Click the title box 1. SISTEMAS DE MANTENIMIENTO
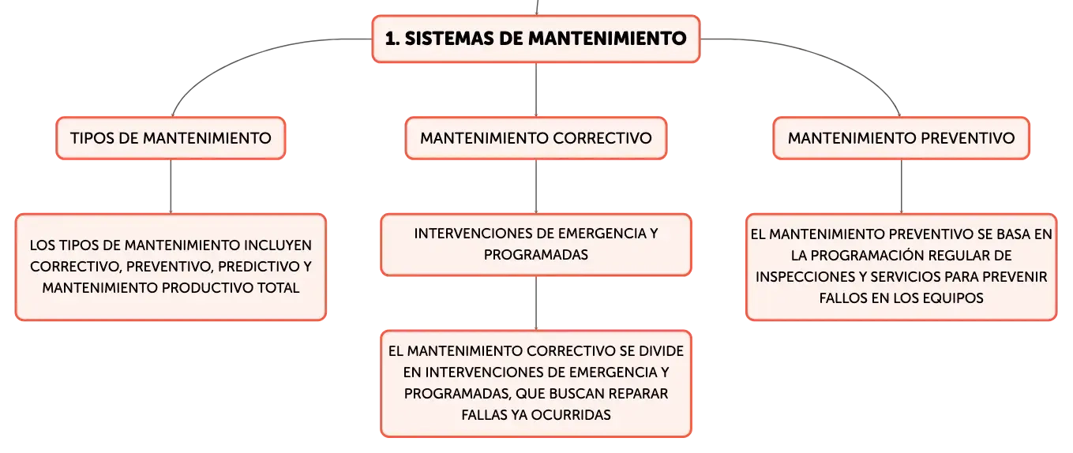[x=536, y=39]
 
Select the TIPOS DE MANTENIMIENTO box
[x=171, y=138]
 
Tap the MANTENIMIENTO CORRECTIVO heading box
[x=536, y=138]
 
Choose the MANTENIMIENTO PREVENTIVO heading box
[x=901, y=138]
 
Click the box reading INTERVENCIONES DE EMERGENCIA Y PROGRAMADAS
[x=536, y=245]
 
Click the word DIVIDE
[x=662, y=351]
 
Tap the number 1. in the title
[x=392, y=39]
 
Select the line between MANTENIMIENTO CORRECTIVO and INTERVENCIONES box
[x=536, y=186]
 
